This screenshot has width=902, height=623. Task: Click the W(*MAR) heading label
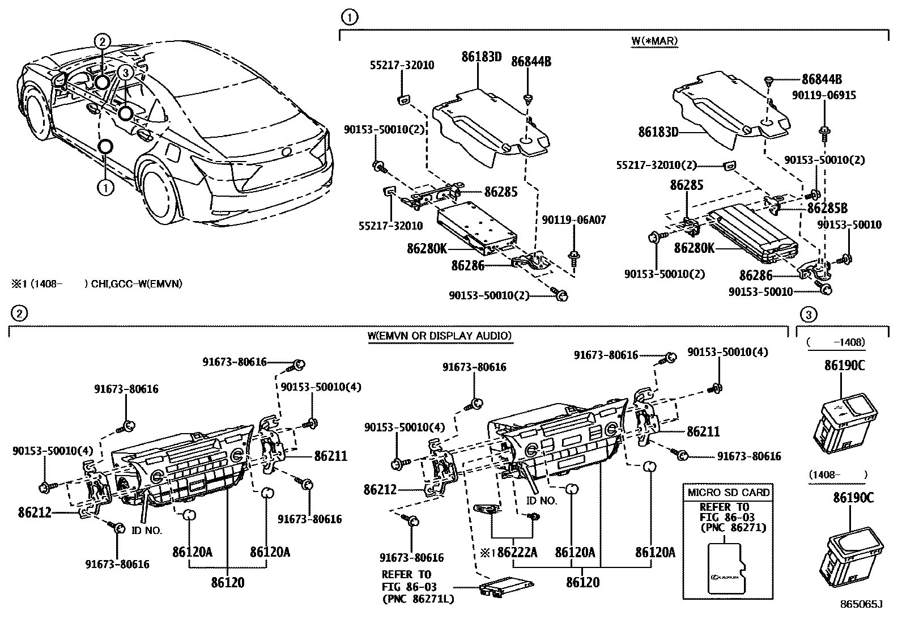(654, 41)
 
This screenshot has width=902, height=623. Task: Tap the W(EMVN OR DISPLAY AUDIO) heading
(440, 336)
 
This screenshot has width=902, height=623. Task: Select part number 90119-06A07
(573, 220)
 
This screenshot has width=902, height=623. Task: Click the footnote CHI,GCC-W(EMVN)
(136, 284)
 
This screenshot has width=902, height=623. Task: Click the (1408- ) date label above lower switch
(838, 474)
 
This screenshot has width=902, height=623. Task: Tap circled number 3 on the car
(126, 72)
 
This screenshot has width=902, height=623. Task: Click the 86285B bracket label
(827, 207)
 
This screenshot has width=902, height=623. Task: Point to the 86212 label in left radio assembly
(35, 512)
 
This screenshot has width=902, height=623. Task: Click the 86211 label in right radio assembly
(703, 431)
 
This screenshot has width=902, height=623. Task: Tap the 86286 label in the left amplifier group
(469, 265)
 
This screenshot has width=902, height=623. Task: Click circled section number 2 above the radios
(18, 313)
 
